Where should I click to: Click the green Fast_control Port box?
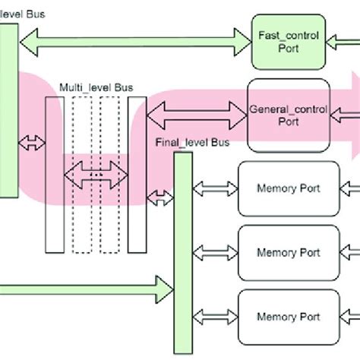288,42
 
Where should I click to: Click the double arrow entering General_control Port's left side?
197,116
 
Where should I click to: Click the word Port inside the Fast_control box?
289,48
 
